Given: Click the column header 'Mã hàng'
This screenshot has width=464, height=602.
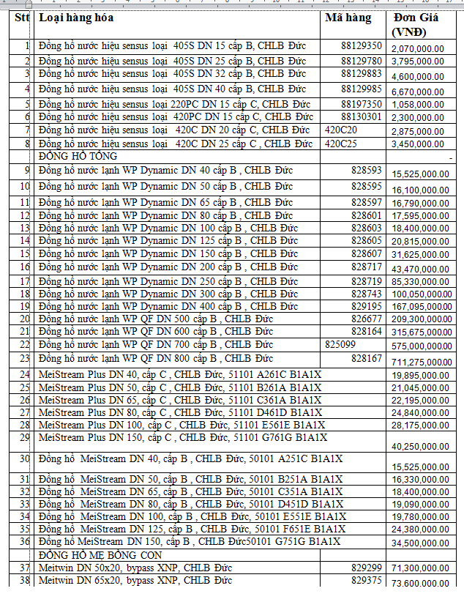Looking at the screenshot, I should tap(348, 18).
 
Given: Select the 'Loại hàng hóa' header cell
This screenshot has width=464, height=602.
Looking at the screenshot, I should tap(76, 18).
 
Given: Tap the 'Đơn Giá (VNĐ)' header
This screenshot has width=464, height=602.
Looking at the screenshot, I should tap(416, 24).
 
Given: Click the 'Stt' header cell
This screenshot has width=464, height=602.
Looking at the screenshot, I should tap(21, 18).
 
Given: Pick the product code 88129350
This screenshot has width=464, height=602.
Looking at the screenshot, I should tap(362, 46).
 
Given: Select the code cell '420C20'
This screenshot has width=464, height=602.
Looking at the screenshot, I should tap(341, 130).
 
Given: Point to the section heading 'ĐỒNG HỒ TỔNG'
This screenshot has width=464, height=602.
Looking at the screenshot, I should tap(78, 156).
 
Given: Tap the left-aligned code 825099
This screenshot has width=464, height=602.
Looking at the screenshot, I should tap(340, 344).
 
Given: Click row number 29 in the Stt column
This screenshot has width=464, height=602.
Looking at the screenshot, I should tap(24, 437).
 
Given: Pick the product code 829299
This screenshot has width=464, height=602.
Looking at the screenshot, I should tap(366, 568).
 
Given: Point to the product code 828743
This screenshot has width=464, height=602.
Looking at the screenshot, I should tap(366, 293).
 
